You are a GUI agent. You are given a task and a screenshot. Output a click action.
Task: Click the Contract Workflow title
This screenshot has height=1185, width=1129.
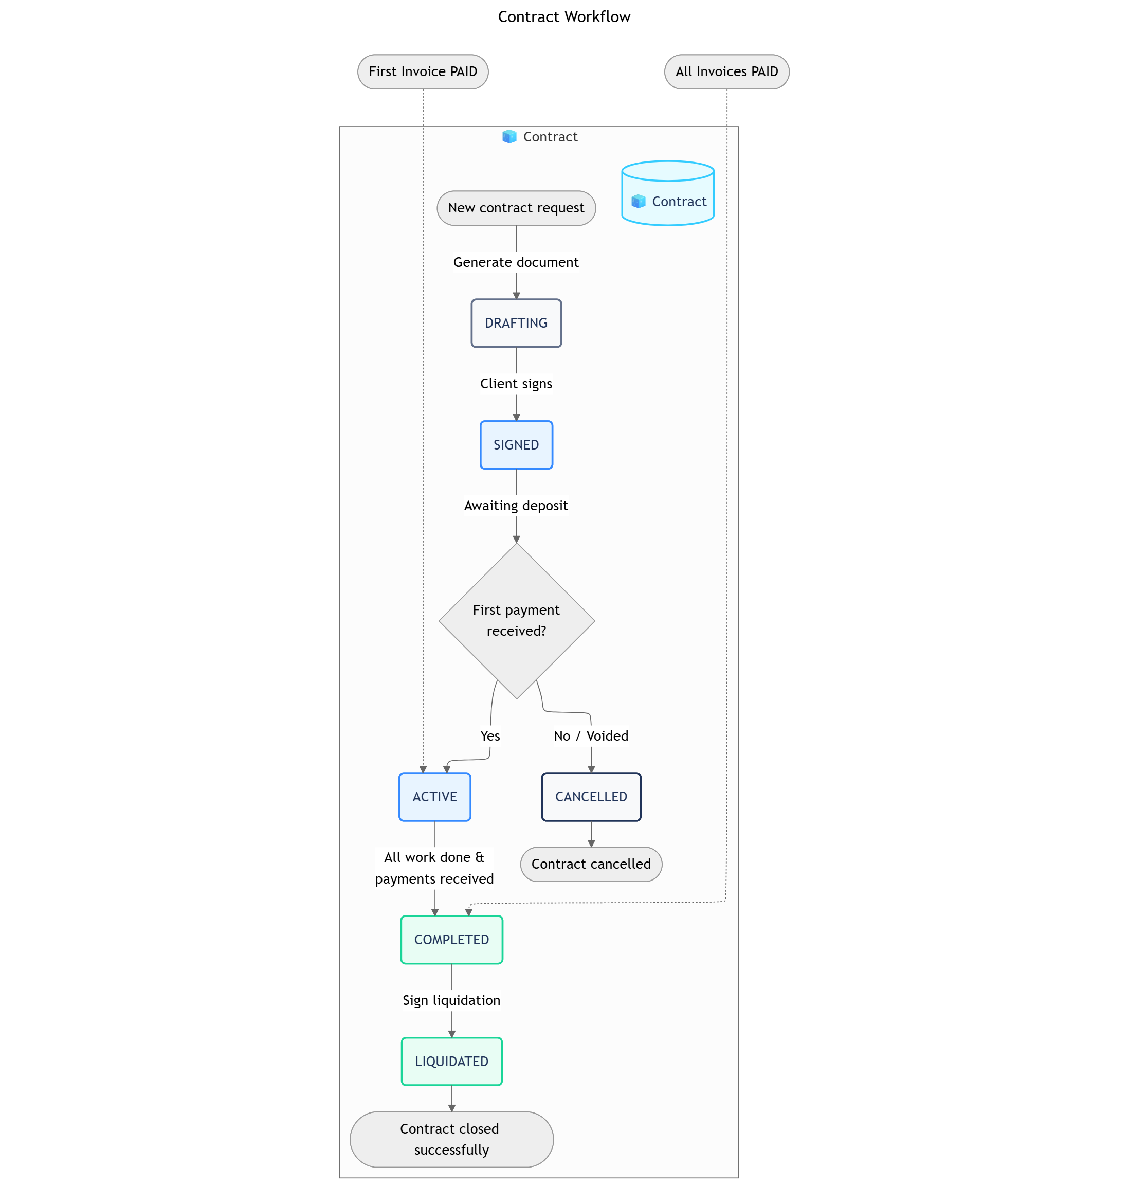pos(564,17)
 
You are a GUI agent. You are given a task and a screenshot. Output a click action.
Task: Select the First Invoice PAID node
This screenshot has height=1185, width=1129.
pos(423,71)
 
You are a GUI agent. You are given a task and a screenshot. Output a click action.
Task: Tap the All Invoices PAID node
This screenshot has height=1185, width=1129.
pos(726,71)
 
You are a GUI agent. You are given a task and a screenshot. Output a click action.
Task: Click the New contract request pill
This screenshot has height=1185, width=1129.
pos(516,208)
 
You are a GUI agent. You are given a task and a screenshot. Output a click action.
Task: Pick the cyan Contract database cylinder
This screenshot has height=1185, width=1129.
pos(667,194)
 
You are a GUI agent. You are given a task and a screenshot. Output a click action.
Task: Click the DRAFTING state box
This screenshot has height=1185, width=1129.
pos(516,323)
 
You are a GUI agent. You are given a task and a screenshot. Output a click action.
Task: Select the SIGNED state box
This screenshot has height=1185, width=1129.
pos(516,445)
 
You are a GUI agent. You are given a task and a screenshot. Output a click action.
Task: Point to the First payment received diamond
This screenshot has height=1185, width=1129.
pos(516,620)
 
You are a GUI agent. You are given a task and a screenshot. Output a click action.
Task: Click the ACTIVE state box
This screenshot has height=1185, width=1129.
pos(434,797)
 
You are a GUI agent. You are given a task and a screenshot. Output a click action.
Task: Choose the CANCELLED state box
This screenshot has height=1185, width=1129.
pos(591,797)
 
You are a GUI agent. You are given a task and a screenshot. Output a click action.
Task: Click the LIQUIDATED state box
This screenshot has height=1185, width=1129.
pos(451,1061)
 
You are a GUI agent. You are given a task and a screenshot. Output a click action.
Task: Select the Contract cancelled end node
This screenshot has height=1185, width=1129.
pos(591,864)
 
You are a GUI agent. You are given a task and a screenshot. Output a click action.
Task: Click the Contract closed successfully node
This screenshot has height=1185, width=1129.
pos(451,1139)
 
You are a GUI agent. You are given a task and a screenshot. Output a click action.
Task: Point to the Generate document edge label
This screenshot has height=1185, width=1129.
pos(516,262)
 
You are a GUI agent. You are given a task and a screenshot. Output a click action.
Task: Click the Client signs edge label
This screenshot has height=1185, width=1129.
pos(516,384)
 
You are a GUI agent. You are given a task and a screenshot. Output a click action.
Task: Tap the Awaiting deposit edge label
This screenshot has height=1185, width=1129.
pos(516,506)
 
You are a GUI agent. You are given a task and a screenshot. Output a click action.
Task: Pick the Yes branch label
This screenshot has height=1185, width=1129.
pos(490,736)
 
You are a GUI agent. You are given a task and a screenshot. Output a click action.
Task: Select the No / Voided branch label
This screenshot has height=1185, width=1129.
pos(591,736)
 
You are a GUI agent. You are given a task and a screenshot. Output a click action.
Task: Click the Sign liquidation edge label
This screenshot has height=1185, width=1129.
pos(451,1000)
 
